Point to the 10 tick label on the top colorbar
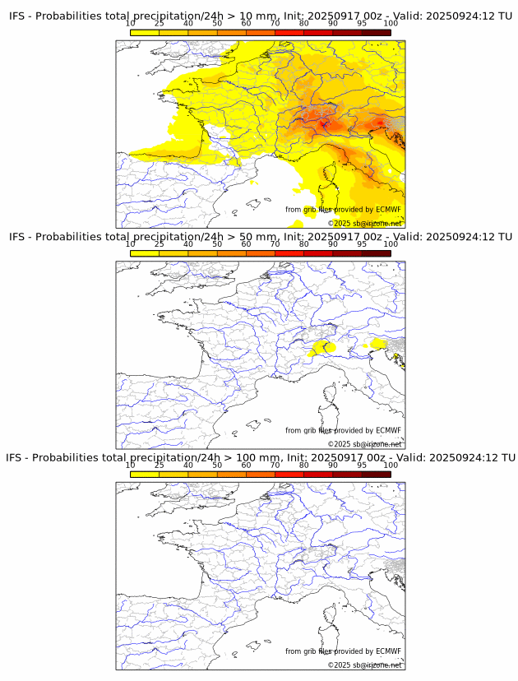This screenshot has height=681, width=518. (x=131, y=24)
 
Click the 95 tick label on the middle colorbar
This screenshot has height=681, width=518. (x=362, y=244)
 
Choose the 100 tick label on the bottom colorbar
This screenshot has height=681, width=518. (x=391, y=465)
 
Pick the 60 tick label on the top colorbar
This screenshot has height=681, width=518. (x=246, y=24)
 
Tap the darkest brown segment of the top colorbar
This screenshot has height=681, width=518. (x=376, y=32)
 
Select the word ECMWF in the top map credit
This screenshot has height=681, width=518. (x=388, y=210)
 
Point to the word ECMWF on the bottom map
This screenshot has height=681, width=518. (x=388, y=651)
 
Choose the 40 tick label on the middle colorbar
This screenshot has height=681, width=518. (x=188, y=244)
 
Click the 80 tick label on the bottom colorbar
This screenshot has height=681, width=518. (x=304, y=465)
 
